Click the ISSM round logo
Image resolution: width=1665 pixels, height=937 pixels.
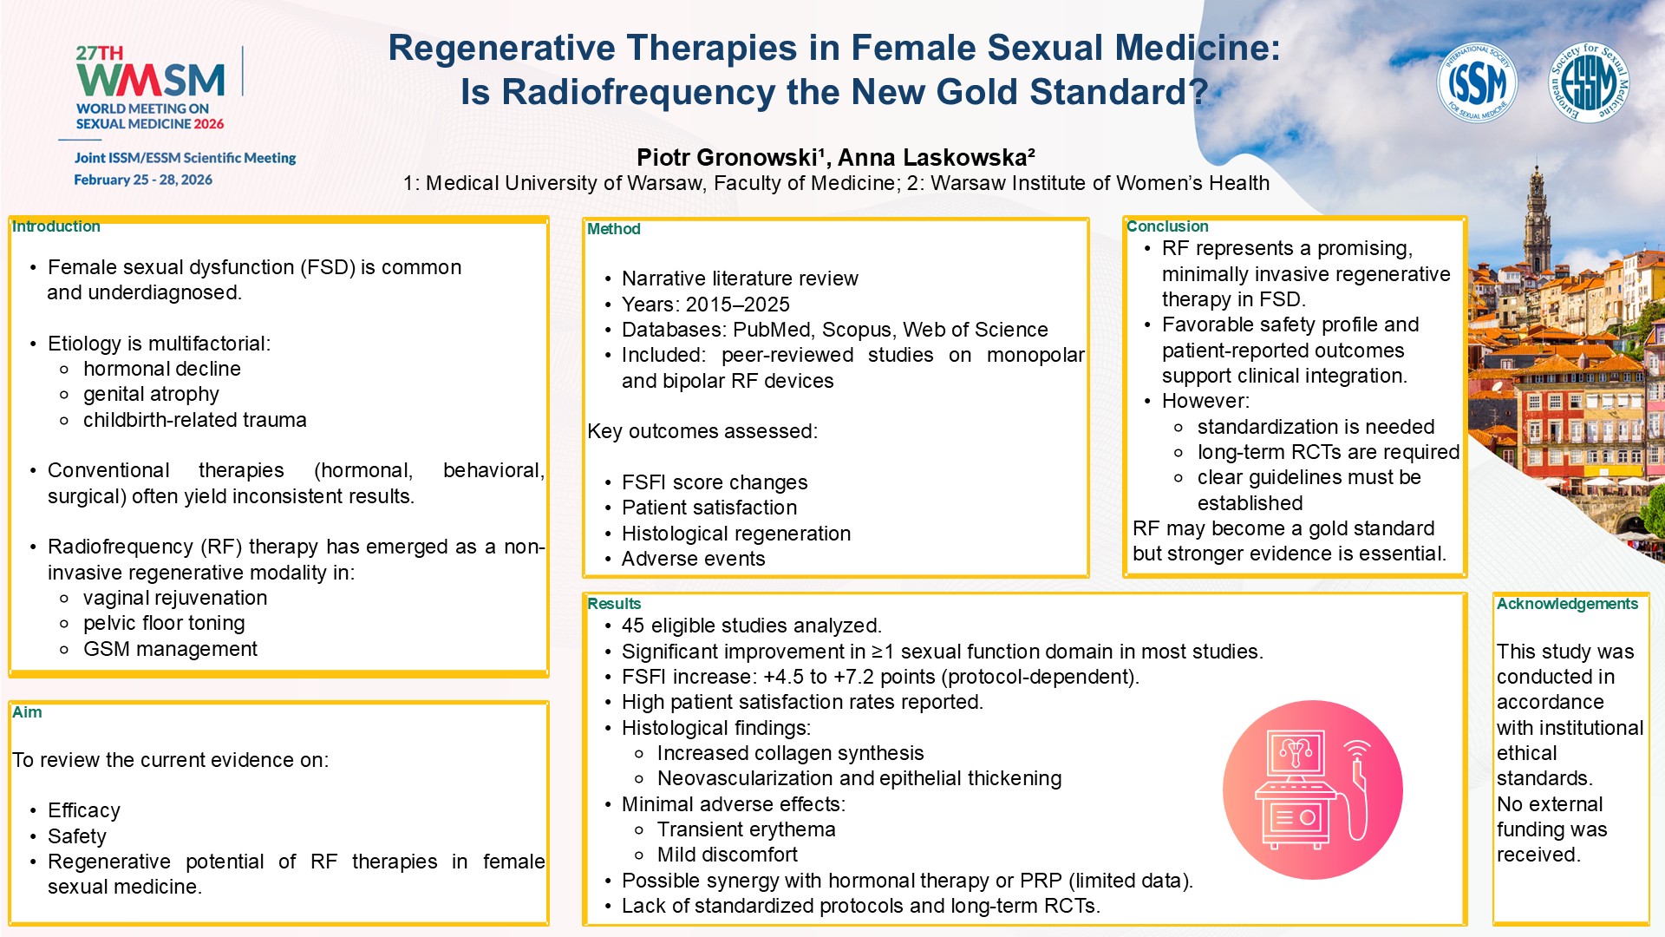point(1476,83)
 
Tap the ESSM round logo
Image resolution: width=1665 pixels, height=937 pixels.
point(1589,83)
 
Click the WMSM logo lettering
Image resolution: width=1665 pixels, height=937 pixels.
point(151,82)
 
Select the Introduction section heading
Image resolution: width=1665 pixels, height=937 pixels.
point(56,226)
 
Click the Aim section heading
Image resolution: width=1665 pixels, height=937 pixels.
point(27,712)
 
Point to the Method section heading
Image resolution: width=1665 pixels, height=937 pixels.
point(614,229)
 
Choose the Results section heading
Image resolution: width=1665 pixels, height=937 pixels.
point(614,604)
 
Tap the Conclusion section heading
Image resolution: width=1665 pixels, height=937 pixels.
point(1167,226)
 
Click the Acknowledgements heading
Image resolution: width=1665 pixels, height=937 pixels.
point(1567,604)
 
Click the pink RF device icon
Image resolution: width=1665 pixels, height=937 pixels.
point(1312,790)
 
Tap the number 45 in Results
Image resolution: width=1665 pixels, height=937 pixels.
point(633,626)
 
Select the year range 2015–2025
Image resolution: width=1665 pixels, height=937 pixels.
point(737,305)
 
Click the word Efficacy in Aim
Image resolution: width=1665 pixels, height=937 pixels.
point(84,810)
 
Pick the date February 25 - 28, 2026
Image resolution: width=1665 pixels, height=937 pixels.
point(143,180)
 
